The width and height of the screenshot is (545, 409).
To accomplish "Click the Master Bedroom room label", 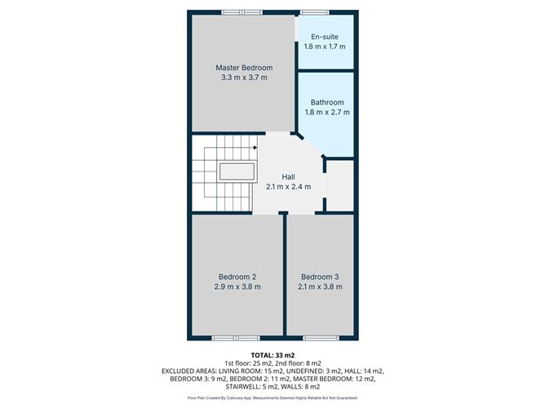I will click(244, 68).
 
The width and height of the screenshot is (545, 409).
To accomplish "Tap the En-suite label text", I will click(325, 37).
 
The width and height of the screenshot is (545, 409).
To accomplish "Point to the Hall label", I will click(289, 176).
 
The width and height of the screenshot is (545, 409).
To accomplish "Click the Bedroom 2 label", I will click(237, 276).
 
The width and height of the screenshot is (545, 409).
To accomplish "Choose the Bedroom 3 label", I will click(320, 276).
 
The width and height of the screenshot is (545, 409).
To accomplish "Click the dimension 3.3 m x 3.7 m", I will click(244, 78).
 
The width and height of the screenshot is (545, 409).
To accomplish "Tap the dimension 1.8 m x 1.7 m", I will click(325, 47).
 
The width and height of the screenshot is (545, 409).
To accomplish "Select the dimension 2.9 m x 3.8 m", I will click(237, 287).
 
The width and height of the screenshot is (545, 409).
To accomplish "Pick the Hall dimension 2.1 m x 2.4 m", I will click(289, 187).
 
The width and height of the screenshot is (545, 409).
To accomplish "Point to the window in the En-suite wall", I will click(310, 11).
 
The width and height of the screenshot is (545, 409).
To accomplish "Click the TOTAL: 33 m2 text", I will click(272, 354).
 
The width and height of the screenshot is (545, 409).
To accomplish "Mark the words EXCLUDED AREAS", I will click(193, 371).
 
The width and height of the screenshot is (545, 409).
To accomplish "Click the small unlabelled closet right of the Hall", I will click(339, 186).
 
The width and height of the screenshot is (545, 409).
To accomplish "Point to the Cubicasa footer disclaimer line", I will click(272, 398).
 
